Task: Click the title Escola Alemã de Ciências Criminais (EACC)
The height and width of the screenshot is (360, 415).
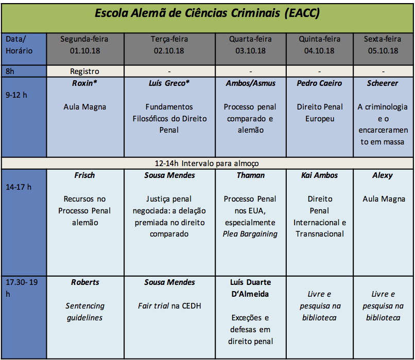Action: point(207,13)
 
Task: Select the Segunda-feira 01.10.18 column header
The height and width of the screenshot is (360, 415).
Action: point(84,45)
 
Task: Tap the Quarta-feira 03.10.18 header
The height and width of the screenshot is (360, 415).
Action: point(250,45)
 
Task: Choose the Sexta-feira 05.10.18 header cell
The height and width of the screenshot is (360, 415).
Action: point(383,45)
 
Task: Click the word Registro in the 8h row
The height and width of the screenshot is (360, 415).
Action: point(84,71)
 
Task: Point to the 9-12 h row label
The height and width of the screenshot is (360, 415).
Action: point(16,95)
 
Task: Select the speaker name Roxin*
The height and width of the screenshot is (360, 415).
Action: point(84,83)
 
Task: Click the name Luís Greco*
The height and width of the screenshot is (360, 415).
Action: point(169,83)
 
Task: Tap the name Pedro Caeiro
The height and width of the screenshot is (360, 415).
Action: point(319,83)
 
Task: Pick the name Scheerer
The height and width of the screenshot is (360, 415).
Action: point(383,83)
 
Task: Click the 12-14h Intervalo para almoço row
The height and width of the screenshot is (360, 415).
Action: point(207,164)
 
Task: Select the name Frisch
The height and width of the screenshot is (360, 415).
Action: point(84,175)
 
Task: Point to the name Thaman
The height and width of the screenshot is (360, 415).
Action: point(251,175)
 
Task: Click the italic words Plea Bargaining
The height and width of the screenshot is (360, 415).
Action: point(250,234)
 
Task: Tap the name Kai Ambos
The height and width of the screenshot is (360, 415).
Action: point(319,175)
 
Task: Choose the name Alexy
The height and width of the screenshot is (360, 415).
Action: point(383,175)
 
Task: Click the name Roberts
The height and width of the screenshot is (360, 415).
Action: point(85,282)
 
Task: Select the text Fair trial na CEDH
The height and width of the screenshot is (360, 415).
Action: point(169,306)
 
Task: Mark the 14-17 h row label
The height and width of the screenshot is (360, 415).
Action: point(19,187)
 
